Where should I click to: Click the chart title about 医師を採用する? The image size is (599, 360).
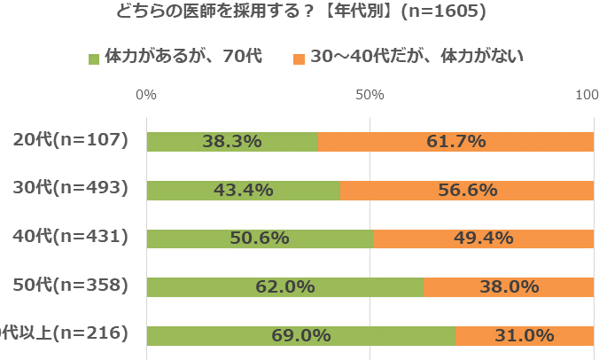[x=299, y=13]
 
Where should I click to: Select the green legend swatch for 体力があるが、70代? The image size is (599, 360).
[x=94, y=59]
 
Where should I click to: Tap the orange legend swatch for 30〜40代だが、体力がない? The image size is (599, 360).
[x=299, y=59]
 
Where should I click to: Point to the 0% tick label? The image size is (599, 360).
[x=147, y=94]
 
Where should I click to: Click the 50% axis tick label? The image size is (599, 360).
[x=370, y=94]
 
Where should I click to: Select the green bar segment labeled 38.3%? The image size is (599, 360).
[x=232, y=141]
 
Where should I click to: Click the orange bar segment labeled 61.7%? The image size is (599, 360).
[x=455, y=141]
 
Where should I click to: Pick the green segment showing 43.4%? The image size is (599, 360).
[x=243, y=190]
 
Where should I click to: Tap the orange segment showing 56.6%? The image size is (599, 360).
[x=467, y=190]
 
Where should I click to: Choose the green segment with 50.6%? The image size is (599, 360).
[x=259, y=239]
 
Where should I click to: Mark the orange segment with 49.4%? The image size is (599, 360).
[x=483, y=239]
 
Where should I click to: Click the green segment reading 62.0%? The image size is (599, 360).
[x=284, y=286]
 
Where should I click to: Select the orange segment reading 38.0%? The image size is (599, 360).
[x=509, y=286]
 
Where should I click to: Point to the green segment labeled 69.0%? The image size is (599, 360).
[x=300, y=335]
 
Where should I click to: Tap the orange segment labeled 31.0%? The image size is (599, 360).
[x=524, y=335]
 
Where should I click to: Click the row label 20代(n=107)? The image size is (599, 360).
[x=71, y=140]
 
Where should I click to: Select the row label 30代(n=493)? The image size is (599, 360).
[x=71, y=188]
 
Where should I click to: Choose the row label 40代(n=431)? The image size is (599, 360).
[x=71, y=237]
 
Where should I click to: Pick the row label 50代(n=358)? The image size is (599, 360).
[x=71, y=285]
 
